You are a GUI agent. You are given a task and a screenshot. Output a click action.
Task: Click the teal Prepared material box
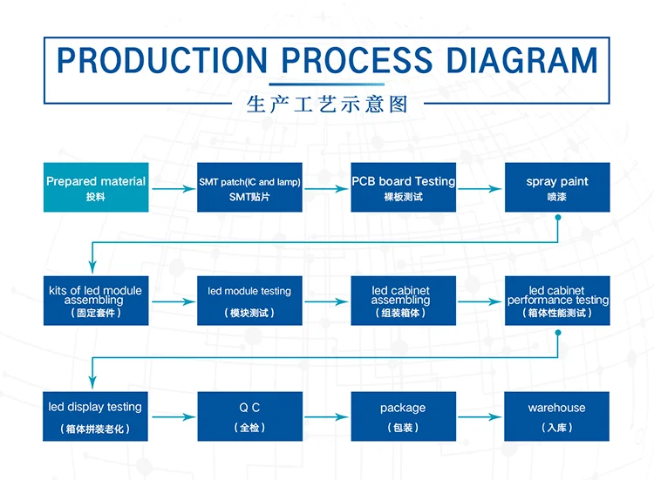(96, 187)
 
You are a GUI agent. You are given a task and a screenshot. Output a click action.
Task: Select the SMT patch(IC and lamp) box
(249, 187)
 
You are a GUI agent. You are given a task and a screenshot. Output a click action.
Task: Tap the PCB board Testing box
(404, 187)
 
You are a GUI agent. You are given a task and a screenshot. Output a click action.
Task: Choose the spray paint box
(557, 187)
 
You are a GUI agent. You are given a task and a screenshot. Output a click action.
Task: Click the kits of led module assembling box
(96, 301)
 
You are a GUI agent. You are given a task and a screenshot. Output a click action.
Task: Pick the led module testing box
(249, 301)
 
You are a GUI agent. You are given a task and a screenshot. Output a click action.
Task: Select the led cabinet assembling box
(404, 301)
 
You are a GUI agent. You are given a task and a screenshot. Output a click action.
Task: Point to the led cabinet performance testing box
(557, 301)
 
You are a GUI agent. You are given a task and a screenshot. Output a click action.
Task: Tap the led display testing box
(95, 416)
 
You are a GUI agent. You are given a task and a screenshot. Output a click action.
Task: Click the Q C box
(250, 416)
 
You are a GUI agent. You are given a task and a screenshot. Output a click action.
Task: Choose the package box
(404, 416)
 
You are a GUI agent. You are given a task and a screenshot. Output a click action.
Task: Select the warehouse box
(556, 416)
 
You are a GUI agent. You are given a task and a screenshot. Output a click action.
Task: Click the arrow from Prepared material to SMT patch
(174, 189)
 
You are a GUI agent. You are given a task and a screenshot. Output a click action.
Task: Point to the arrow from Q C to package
(326, 416)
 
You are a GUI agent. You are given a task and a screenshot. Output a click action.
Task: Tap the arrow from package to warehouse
(480, 416)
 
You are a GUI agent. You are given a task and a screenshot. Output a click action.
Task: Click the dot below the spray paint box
(558, 218)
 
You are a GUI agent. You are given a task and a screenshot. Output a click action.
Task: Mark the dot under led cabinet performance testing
(558, 333)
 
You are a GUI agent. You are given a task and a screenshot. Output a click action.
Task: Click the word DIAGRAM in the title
(521, 60)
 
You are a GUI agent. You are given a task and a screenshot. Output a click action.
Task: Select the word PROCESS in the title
(357, 60)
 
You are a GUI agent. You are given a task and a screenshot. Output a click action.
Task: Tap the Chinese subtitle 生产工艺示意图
(327, 105)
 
